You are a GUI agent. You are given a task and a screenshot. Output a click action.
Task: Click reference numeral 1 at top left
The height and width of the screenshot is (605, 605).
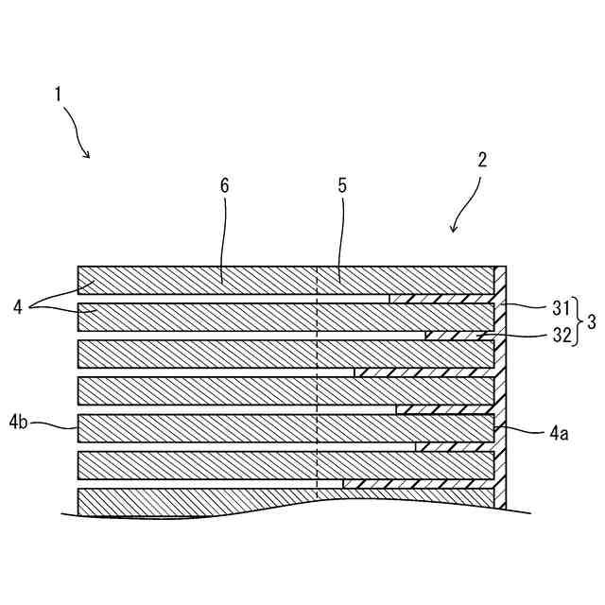pos(59,95)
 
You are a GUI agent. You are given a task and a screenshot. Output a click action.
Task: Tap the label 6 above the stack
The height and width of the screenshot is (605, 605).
pos(224,186)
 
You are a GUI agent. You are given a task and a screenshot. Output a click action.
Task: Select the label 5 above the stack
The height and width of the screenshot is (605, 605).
pos(341,186)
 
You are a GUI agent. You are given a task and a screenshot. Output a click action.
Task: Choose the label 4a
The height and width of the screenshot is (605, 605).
pos(558,434)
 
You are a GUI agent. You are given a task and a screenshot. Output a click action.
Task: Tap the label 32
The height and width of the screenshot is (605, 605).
pos(562,336)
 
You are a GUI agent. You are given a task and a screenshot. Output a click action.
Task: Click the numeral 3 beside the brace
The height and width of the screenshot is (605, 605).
pos(591,320)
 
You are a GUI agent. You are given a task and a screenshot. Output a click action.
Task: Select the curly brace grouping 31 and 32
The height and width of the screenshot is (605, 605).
pos(577,320)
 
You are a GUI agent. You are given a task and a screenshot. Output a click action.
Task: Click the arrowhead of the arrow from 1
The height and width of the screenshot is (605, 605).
pos(88,156)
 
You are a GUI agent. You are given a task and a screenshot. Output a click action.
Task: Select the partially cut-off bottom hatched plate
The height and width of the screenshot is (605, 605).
pos(236,503)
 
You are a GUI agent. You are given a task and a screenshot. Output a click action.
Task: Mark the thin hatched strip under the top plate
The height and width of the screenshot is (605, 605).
pos(441,299)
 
